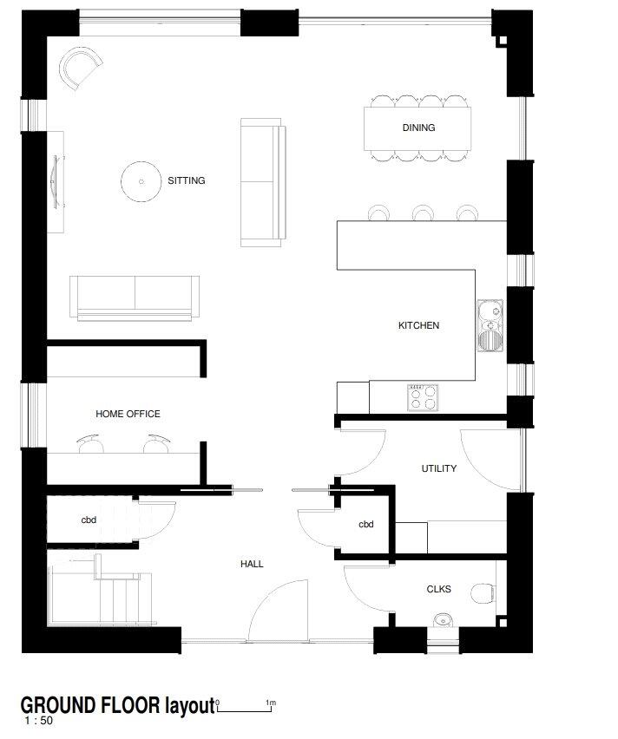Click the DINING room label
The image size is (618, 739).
(x=418, y=128)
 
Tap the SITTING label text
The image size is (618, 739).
(x=187, y=181)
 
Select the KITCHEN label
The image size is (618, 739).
(x=418, y=326)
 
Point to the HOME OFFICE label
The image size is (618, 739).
(x=128, y=415)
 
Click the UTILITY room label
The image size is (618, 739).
(x=439, y=468)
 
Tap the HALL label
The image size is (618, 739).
(x=252, y=565)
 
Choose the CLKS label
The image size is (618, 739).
(x=439, y=589)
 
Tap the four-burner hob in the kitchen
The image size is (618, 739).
(x=423, y=396)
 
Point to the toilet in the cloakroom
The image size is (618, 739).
(x=484, y=593)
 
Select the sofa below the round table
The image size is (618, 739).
(x=135, y=297)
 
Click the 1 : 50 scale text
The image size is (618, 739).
(x=39, y=721)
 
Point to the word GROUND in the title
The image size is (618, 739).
(x=56, y=703)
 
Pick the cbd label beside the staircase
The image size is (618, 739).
(x=89, y=520)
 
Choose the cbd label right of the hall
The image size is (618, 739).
(x=366, y=525)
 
